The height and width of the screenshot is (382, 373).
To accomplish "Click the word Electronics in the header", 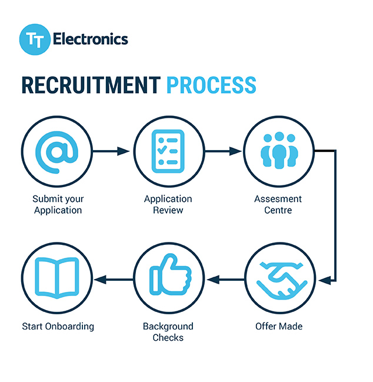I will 90,39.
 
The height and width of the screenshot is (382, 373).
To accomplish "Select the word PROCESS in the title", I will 211,85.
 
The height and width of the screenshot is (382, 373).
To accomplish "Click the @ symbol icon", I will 57,151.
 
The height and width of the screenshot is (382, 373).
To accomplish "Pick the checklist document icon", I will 168,151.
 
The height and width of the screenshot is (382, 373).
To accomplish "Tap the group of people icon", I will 279,151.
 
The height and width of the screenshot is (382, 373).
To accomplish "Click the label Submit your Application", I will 58,204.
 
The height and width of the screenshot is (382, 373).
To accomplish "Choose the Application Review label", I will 168,204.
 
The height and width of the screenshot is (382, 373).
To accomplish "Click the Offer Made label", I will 279,325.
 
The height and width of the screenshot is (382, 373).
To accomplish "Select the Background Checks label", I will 168,331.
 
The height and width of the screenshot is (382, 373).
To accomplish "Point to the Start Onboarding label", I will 58,325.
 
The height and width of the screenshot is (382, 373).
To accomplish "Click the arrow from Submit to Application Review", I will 112,151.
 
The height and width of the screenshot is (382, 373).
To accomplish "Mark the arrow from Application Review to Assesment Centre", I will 224,151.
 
